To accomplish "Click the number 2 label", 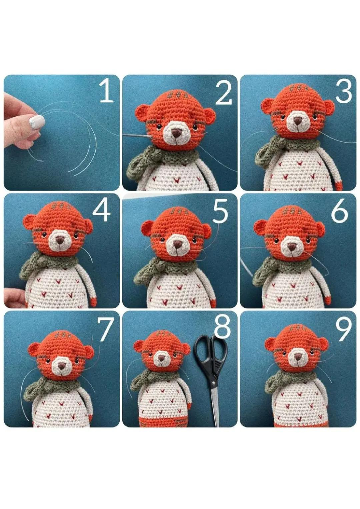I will tap(224, 93).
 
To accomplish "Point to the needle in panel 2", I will tap(137, 135).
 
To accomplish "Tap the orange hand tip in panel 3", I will tap(339, 185).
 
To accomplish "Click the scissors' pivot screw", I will tap(212, 373).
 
